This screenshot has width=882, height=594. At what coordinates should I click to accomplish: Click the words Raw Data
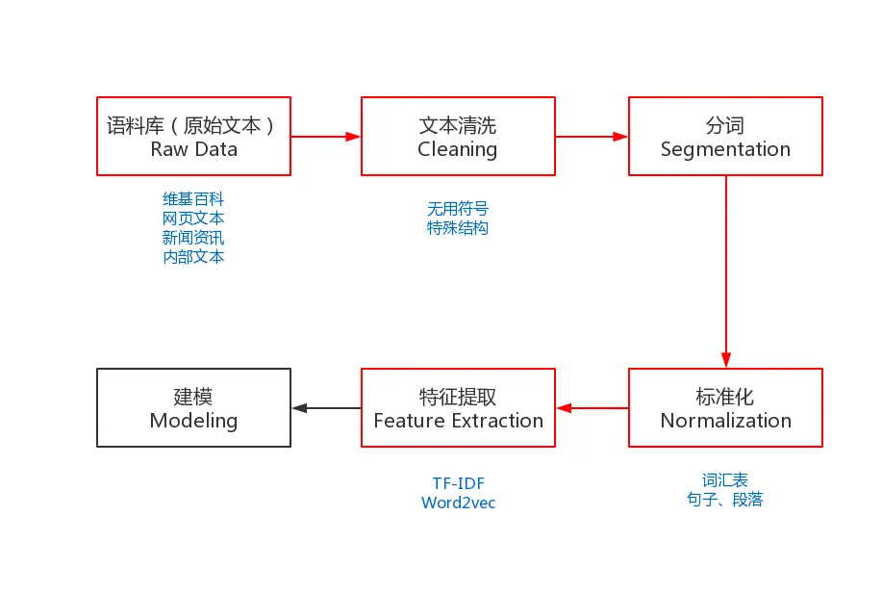pyautogui.click(x=194, y=149)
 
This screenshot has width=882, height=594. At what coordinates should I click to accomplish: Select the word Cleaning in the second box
pyautogui.click(x=457, y=150)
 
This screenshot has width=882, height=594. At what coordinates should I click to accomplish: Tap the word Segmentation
pyautogui.click(x=725, y=150)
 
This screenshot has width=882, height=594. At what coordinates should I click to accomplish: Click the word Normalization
pyautogui.click(x=725, y=421)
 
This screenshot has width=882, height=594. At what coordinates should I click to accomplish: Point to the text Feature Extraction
pyautogui.click(x=459, y=421)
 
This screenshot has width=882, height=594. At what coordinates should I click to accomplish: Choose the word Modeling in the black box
pyautogui.click(x=193, y=421)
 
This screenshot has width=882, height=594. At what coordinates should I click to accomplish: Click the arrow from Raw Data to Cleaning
pyautogui.click(x=326, y=137)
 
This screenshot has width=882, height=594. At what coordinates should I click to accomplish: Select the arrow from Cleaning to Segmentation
pyautogui.click(x=592, y=137)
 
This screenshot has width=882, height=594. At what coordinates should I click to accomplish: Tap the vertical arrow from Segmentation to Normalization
pyautogui.click(x=725, y=271)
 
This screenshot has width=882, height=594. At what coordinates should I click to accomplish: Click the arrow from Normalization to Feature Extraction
pyautogui.click(x=592, y=408)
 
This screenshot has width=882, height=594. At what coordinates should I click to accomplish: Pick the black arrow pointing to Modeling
pyautogui.click(x=327, y=408)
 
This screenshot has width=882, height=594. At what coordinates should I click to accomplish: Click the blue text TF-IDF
pyautogui.click(x=459, y=483)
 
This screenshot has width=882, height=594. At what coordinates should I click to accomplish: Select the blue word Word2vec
pyautogui.click(x=459, y=503)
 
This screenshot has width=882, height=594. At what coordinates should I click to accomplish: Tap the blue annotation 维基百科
pyautogui.click(x=193, y=199)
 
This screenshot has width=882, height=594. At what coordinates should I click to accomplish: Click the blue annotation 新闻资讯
pyautogui.click(x=193, y=238)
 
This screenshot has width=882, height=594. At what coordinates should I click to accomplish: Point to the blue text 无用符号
pyautogui.click(x=458, y=209)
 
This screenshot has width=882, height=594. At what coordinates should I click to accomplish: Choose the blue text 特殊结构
pyautogui.click(x=458, y=228)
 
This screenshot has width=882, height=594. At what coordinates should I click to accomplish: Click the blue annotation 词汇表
pyautogui.click(x=725, y=480)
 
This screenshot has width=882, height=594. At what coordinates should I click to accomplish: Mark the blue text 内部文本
pyautogui.click(x=193, y=257)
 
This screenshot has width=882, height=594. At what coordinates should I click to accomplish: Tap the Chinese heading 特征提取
pyautogui.click(x=458, y=397)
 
